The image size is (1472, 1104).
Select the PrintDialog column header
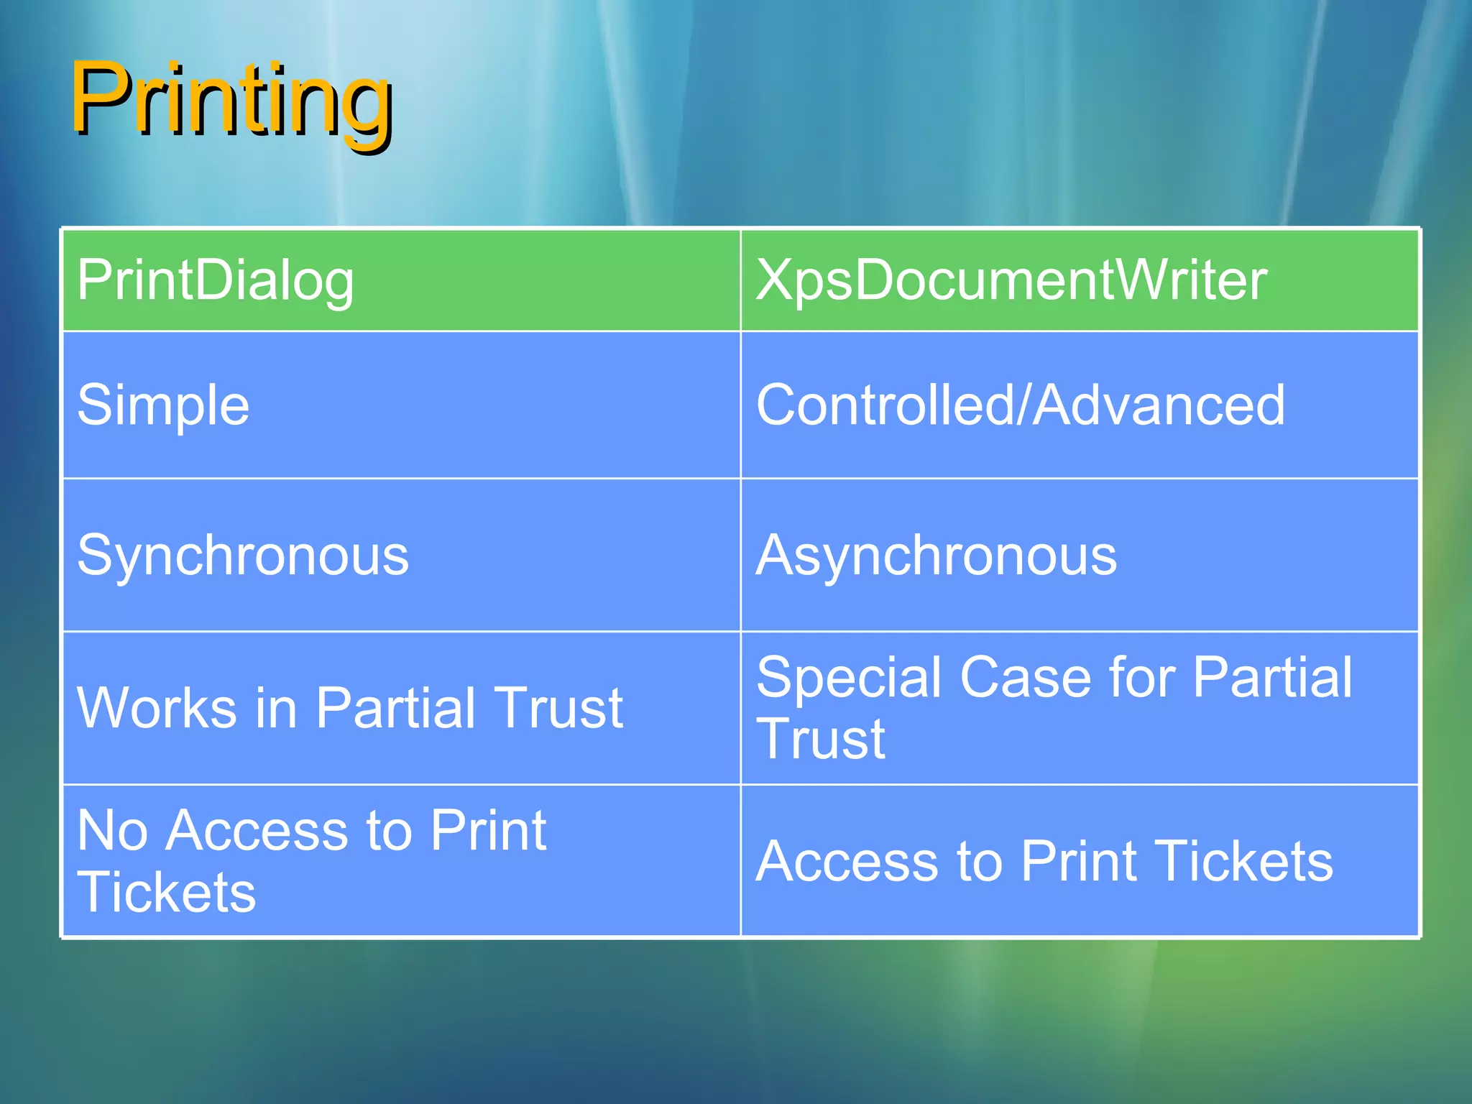tap(216, 280)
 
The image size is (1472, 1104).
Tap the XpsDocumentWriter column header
tap(1011, 280)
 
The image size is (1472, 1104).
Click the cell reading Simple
tap(163, 405)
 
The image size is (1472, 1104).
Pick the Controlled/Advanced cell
tap(1020, 405)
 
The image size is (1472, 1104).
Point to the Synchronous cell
tap(243, 556)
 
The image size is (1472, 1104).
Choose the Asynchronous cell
tap(937, 556)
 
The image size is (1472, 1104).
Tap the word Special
tap(849, 678)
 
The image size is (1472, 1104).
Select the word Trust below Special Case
tap(821, 739)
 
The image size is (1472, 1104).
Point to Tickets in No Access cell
tap(167, 893)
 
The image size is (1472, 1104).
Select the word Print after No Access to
tap(488, 831)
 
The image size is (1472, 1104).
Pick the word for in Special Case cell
tap(1141, 678)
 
